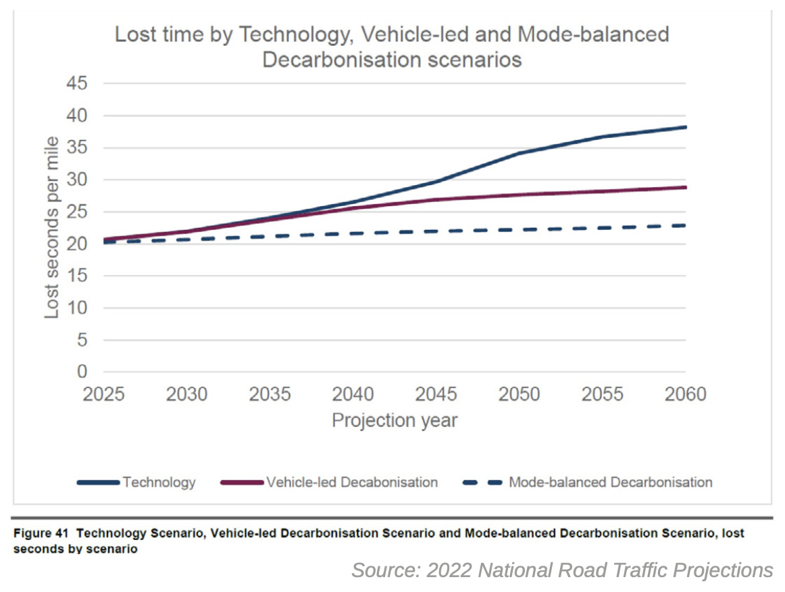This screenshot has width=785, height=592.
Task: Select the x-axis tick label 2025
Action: (x=104, y=394)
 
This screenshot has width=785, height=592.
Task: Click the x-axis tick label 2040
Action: (x=353, y=394)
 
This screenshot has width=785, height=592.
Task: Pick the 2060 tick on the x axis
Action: (x=685, y=394)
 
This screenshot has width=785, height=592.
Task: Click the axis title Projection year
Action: (x=395, y=420)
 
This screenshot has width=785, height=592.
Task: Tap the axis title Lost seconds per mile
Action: (x=53, y=227)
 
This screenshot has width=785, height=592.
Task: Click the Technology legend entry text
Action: (x=159, y=483)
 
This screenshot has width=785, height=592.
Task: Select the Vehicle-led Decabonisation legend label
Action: (x=352, y=483)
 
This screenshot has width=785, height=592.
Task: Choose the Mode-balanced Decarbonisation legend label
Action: (x=610, y=483)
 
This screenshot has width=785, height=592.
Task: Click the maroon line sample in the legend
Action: (x=242, y=483)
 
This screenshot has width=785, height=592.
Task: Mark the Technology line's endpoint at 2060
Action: (x=685, y=127)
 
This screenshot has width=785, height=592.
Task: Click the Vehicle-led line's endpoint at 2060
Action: (x=685, y=187)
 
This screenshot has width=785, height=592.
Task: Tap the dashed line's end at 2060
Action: (x=685, y=225)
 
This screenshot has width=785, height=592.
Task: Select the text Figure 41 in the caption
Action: (x=41, y=533)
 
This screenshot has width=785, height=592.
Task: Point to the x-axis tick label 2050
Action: (x=520, y=394)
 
